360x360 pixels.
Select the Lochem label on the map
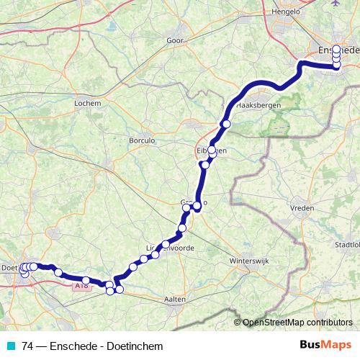(85, 103)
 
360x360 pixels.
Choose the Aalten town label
(175, 298)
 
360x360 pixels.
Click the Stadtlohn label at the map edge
(347, 245)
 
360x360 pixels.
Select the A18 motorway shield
(82, 285)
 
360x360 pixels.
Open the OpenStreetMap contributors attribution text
(297, 323)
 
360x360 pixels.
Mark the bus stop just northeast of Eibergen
(226, 125)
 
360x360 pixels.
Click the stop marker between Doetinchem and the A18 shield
(58, 273)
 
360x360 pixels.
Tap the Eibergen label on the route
(212, 150)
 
